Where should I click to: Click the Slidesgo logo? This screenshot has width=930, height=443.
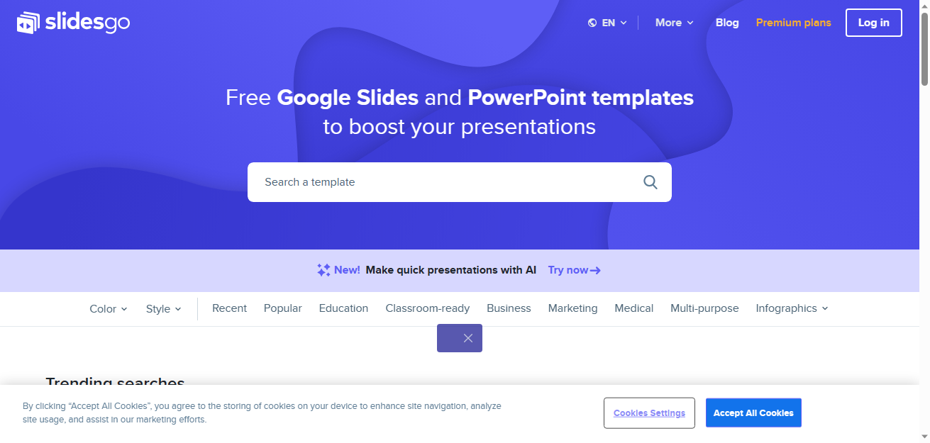click(x=73, y=23)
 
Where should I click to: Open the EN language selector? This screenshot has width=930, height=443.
click(x=607, y=23)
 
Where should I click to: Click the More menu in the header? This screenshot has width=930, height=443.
click(x=674, y=23)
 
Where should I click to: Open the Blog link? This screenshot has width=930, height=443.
click(x=727, y=23)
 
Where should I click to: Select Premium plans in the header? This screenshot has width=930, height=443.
click(x=793, y=23)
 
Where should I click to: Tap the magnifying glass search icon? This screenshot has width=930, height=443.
click(x=651, y=182)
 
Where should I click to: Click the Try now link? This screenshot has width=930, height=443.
click(x=574, y=271)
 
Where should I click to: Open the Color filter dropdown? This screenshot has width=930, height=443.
click(x=109, y=309)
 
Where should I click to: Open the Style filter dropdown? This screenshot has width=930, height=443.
click(x=163, y=309)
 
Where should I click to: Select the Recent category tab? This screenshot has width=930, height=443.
click(x=229, y=308)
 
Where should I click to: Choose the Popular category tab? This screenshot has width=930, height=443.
click(x=283, y=308)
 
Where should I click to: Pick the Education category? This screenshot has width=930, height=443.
click(x=343, y=308)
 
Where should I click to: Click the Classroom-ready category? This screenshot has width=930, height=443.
click(x=427, y=308)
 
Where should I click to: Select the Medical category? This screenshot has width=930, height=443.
click(x=633, y=308)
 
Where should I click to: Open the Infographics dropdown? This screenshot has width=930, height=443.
click(x=792, y=308)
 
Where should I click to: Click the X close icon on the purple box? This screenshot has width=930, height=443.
click(x=468, y=339)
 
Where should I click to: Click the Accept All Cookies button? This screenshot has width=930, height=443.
click(x=753, y=413)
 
